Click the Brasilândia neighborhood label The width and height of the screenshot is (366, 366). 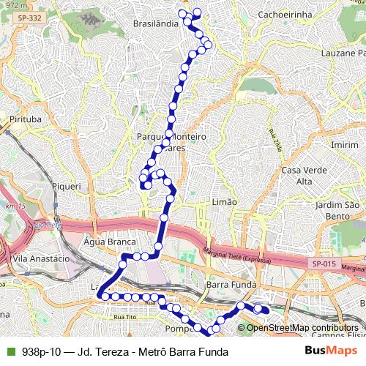click(156, 23)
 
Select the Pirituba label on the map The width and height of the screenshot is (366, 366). click(25, 118)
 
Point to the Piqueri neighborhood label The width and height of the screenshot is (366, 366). click(66, 186)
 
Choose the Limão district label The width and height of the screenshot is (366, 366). click(224, 201)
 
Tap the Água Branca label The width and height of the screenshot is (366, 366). click(111, 241)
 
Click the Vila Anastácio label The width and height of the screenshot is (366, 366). click(41, 258)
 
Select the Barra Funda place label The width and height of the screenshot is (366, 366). click(229, 283)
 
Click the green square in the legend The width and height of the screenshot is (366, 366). click(10, 351)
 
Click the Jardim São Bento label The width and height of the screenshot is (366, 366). click(339, 211)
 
